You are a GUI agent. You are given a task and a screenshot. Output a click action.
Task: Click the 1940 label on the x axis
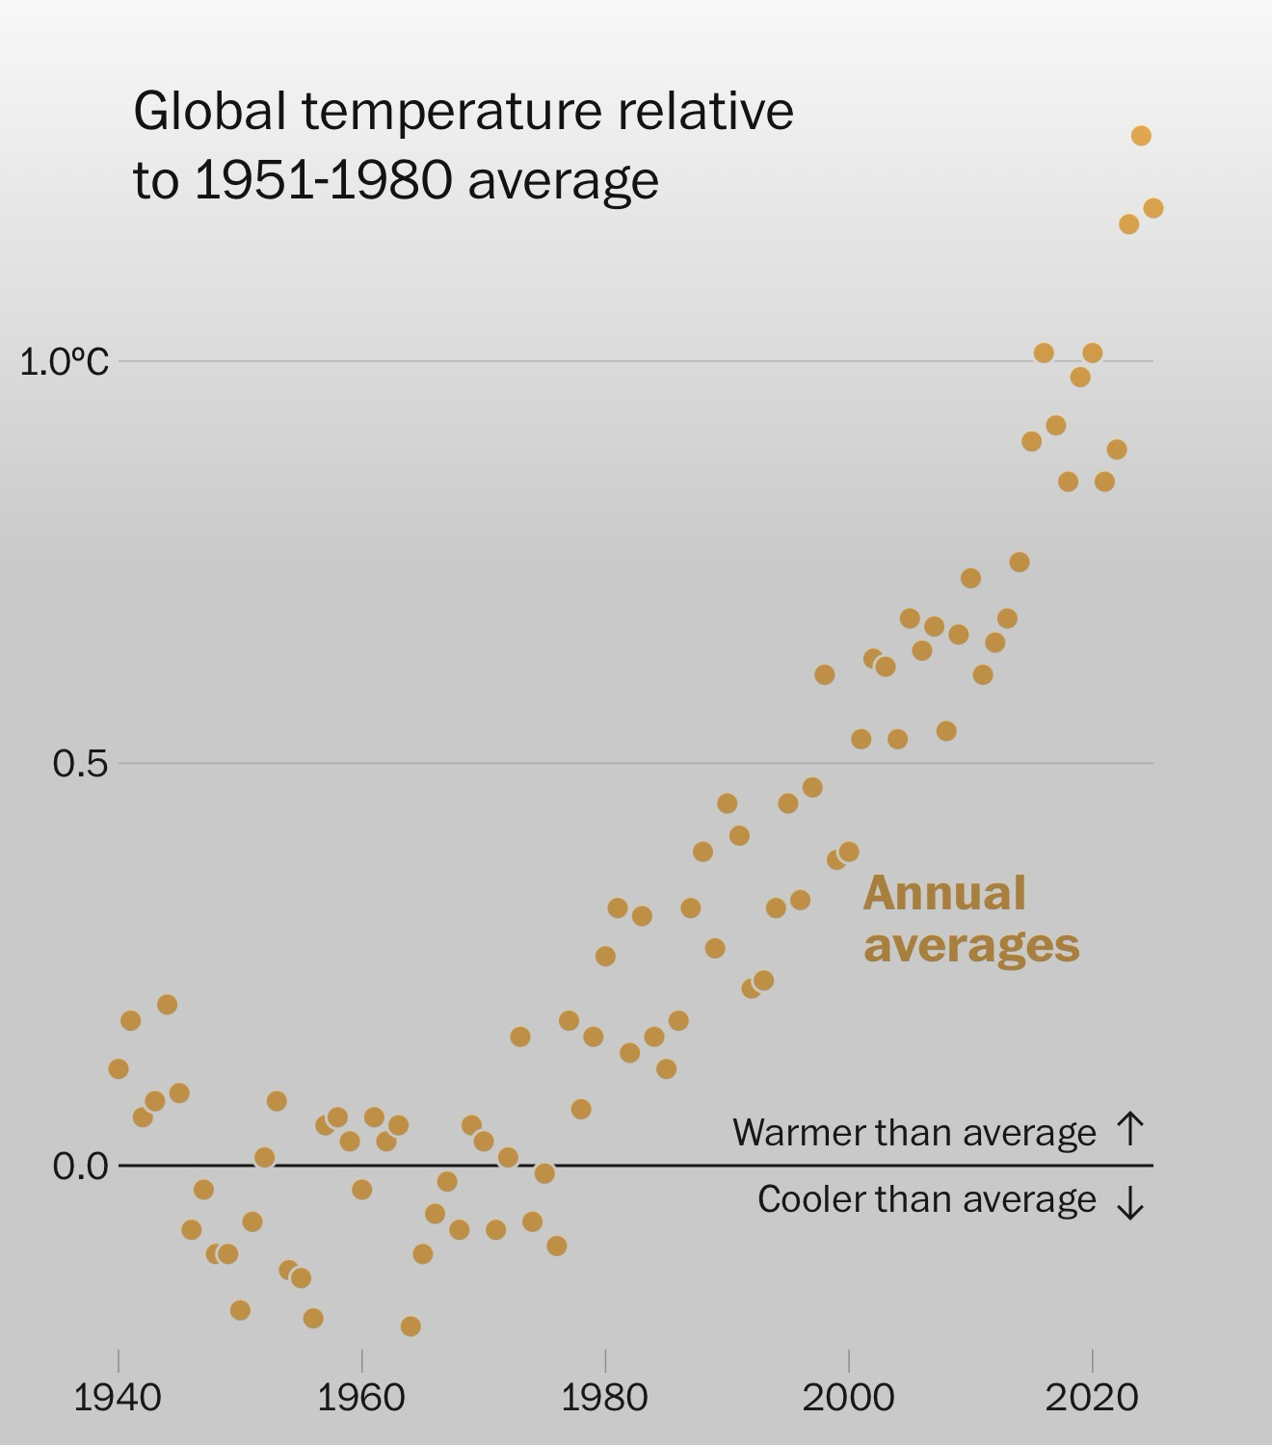coord(118,1397)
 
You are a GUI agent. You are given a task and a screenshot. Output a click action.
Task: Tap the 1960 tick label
coord(361,1397)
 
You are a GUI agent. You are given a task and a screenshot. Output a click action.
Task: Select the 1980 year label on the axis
coord(604,1397)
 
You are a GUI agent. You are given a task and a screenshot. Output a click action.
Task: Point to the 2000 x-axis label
coord(848,1397)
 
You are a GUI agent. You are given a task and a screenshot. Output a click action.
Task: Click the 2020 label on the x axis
coord(1092,1397)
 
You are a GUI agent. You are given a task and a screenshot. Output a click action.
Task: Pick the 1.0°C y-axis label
coord(64,362)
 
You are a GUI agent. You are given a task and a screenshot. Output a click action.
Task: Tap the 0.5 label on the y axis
coord(80,764)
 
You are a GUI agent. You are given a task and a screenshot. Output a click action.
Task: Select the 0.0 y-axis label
coord(80,1167)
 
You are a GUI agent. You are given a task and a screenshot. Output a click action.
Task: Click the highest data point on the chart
coord(1141,136)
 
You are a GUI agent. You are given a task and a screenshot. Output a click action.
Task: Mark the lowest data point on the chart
coord(411,1327)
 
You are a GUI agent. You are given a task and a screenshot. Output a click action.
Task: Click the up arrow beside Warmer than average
coord(1129,1129)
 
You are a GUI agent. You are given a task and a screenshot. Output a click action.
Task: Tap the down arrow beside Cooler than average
coord(1129,1201)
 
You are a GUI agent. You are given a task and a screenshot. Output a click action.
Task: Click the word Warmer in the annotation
coord(791,1133)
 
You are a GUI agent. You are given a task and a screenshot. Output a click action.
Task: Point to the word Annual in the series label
coord(943,894)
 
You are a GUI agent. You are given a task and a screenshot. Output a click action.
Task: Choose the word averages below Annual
coord(971,945)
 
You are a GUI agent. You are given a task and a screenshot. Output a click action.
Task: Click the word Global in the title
coord(209,111)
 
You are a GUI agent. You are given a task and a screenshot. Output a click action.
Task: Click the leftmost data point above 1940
coord(119,1068)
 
